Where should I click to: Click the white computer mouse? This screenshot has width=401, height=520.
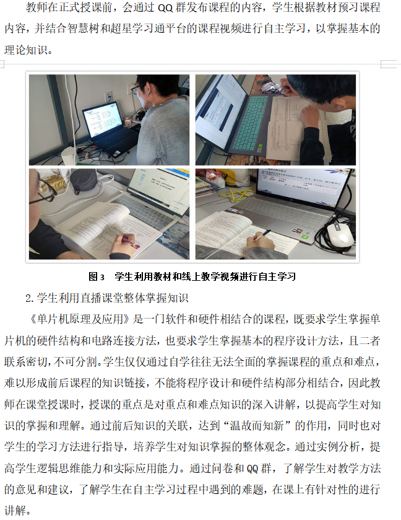pyautogui.click(x=340, y=234)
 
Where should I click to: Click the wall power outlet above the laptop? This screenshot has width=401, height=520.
pyautogui.click(x=108, y=96)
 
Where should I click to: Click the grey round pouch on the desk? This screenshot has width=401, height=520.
pyautogui.click(x=84, y=182)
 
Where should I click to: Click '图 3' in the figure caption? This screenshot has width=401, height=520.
pyautogui.click(x=97, y=276)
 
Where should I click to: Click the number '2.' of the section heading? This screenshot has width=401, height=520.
pyautogui.click(x=30, y=298)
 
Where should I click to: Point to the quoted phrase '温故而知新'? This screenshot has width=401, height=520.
pyautogui.click(x=257, y=426)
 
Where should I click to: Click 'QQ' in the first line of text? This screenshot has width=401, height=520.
pyautogui.click(x=165, y=7)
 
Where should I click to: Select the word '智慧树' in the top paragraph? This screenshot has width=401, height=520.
pyautogui.click(x=84, y=29)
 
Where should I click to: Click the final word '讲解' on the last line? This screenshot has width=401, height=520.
pyautogui.click(x=15, y=510)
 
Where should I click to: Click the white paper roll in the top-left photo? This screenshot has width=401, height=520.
pyautogui.click(x=69, y=156)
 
